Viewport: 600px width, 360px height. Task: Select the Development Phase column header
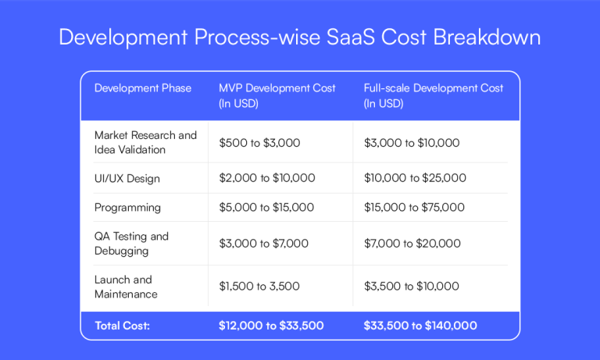coord(143,88)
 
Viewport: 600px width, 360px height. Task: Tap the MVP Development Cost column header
coord(277,95)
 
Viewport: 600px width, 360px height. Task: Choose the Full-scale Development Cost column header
coord(434,95)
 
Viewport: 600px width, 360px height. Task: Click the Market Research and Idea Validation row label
coord(145,142)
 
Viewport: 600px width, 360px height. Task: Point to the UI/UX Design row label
coord(127,178)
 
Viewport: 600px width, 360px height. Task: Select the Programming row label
coord(127,208)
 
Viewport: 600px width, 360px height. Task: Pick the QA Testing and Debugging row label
coord(131,244)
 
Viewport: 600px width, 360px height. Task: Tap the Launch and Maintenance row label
coord(126,287)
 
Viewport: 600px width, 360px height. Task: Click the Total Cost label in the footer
coord(123,325)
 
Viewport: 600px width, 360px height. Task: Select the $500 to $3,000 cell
coord(259,143)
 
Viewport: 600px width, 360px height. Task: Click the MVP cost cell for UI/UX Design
coord(266,178)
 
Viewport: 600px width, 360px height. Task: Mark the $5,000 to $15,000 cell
coord(266,208)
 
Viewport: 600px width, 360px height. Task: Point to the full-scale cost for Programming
coord(414,208)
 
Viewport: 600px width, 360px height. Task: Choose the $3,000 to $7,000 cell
coord(263,244)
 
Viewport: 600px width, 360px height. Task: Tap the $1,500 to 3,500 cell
coord(259,287)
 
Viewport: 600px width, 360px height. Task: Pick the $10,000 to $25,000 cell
coord(415,178)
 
